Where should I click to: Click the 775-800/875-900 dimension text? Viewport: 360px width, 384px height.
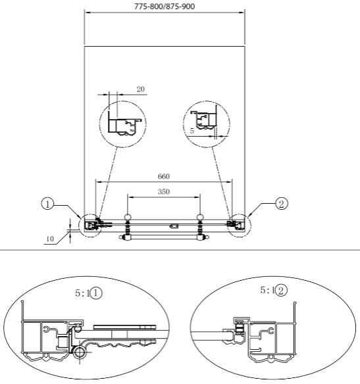pos(165,6)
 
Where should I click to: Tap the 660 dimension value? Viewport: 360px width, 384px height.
pos(164,176)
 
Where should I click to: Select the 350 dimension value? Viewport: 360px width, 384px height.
pos(164,191)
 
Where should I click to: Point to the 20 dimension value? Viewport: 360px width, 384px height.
pos(141,89)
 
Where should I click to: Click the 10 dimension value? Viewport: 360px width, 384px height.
pos(50,239)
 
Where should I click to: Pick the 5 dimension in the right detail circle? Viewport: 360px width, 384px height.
pos(192,131)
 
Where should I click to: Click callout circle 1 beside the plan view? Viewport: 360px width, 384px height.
pos(47,204)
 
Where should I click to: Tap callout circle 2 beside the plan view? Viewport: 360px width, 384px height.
pos(282,204)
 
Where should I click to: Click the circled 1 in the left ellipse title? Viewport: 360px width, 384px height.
pos(96,293)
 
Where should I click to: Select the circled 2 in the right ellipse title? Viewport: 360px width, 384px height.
pos(281,291)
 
